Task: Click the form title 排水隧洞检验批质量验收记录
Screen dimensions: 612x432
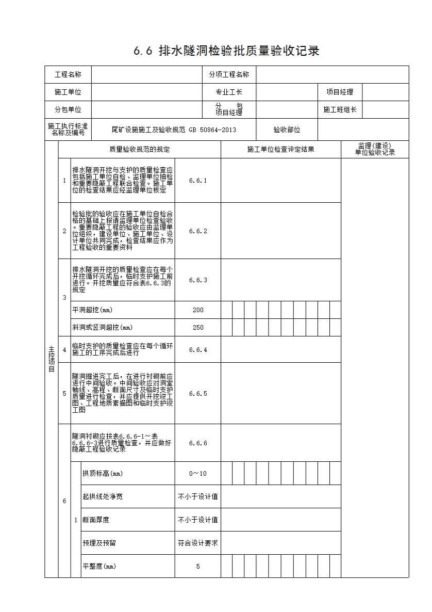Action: (227, 51)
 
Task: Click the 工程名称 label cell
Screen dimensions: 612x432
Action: (68, 75)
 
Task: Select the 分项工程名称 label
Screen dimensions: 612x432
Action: (229, 75)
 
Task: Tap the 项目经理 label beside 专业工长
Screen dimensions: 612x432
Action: (340, 92)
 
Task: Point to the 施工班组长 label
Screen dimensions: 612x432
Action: (340, 109)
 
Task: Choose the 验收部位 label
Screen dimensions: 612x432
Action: (287, 130)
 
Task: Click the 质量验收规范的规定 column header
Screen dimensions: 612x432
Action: (140, 150)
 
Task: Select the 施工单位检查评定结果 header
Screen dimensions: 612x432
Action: (280, 150)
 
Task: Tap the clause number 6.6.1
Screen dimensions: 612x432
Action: (198, 181)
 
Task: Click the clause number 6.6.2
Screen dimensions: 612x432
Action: (198, 231)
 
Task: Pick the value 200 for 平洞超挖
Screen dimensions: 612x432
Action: (198, 310)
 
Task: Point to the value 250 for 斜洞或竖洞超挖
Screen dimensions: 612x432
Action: (198, 328)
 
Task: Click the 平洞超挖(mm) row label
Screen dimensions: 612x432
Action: (93, 310)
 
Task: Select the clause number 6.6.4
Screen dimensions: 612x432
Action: (198, 350)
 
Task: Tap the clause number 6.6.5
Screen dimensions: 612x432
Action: (198, 394)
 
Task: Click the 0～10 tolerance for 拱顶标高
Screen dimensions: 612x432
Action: (198, 474)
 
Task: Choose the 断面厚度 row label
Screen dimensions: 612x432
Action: (96, 520)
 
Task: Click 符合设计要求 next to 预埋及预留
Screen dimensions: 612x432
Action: (198, 543)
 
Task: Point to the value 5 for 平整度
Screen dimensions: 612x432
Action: (198, 567)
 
